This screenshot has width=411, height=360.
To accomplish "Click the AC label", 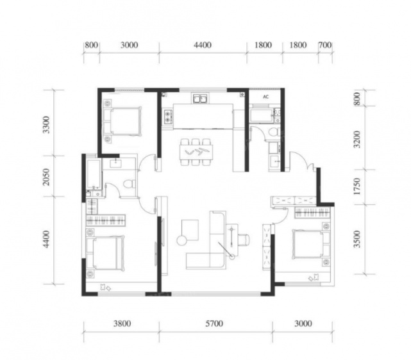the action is pos(266,97).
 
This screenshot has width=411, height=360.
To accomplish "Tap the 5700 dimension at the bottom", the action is pos(214,323).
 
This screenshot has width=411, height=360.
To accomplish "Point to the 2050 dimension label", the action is pos(46,177).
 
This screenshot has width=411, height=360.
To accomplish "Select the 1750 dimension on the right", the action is pos(357,186).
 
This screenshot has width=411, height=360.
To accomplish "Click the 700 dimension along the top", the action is pos(325,45).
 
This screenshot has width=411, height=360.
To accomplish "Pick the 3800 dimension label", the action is pos(122,323).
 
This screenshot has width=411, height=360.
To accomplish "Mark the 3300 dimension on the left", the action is pos(46,125).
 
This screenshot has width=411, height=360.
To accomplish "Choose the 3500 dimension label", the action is pos(357,239).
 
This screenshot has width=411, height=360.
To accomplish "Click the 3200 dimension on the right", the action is pos(357,139).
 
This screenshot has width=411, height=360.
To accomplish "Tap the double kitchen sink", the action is pos(201,99).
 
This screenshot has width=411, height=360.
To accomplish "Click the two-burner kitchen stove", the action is pos(168,117).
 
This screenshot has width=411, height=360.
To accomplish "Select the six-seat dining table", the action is pos(196,152).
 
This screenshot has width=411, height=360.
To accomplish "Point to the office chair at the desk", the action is pos(244,240).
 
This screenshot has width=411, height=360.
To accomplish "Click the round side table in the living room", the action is pos(181,241).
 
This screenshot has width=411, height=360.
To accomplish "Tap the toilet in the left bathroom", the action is pos(129,183).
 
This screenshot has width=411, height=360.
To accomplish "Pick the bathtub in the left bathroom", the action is pos(94,174).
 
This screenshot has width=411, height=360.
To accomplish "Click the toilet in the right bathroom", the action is pos(274,131).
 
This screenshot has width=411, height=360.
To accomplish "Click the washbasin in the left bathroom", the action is pos(115,163).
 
